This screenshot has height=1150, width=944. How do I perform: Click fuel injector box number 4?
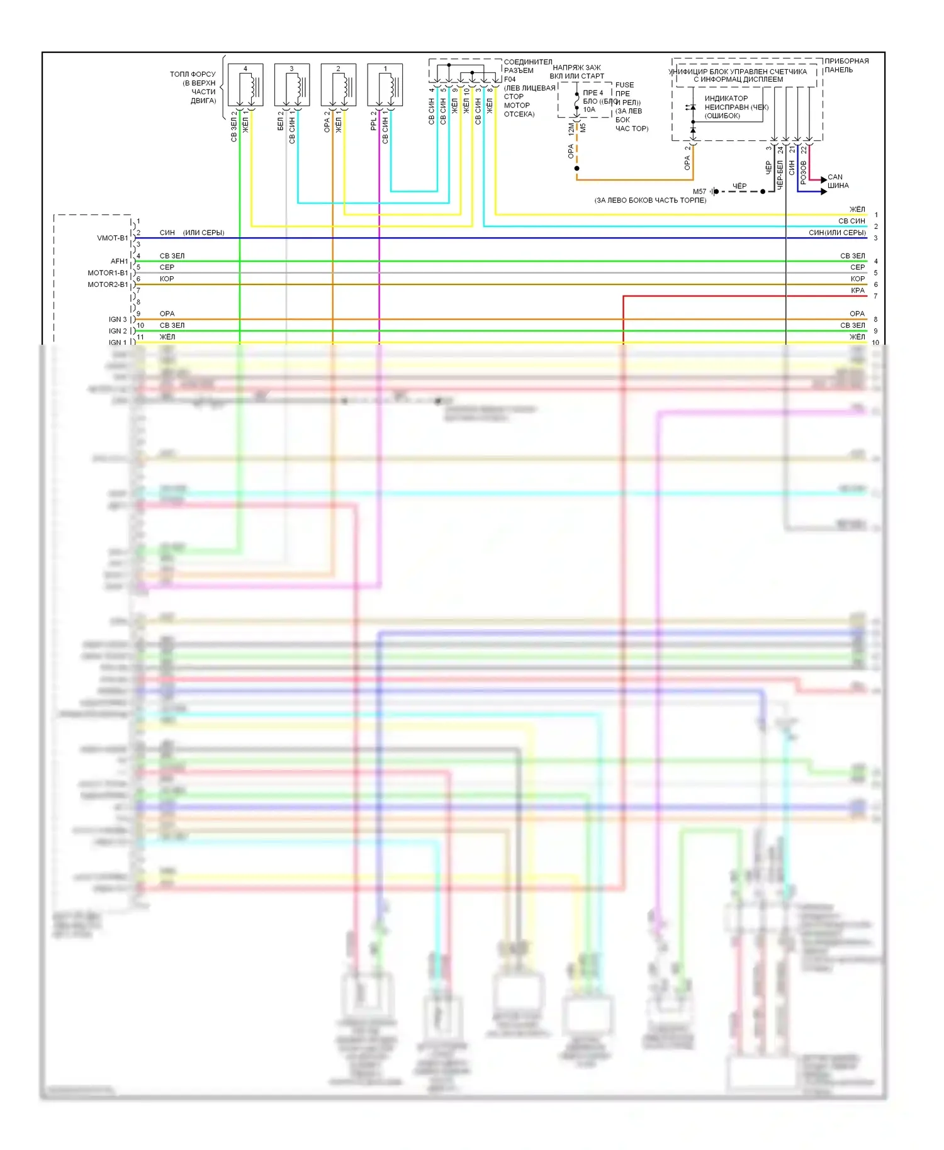(x=245, y=85)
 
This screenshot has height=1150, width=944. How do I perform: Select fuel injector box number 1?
(x=385, y=85)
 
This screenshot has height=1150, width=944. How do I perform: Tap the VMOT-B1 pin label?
(x=112, y=238)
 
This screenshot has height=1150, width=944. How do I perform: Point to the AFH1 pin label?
(x=119, y=261)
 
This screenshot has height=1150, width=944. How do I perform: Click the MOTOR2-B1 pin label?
(x=108, y=284)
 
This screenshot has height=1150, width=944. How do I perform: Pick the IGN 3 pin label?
(x=118, y=320)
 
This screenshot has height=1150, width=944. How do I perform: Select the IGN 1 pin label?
(x=118, y=343)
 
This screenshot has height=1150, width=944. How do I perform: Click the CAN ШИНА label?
(x=838, y=181)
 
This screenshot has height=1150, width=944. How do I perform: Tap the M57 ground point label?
(x=699, y=191)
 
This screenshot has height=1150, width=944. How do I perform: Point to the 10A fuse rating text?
(x=589, y=109)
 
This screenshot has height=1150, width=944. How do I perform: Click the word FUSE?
(x=624, y=85)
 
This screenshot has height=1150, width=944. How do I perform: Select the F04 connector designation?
(x=510, y=79)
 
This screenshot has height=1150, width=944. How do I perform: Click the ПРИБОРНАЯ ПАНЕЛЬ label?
(x=846, y=65)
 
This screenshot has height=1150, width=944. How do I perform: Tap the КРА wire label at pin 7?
(x=857, y=291)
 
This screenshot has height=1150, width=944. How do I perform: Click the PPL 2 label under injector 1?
(x=373, y=121)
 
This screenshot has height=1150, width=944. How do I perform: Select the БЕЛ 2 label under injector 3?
(x=280, y=121)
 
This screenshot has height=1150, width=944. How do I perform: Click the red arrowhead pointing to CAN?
(x=824, y=181)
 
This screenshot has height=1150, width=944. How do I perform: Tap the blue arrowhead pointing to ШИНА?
(x=824, y=191)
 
